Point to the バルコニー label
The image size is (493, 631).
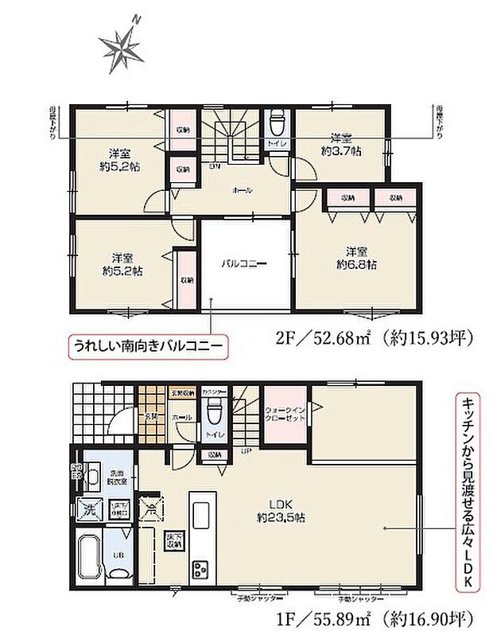pos(243,263)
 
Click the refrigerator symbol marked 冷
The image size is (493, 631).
pos(150,507)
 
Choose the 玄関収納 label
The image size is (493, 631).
pos(177,393)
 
